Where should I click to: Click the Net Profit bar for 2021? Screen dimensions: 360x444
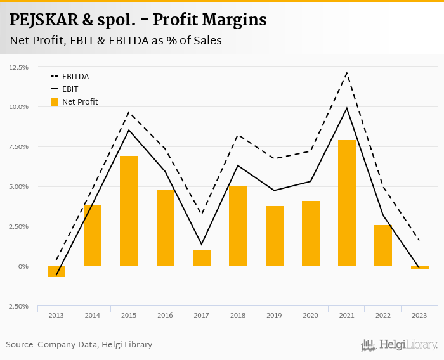(347, 203)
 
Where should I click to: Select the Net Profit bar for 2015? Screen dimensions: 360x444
(129, 211)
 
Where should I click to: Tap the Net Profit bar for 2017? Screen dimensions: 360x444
(202, 258)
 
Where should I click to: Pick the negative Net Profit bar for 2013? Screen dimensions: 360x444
(56, 271)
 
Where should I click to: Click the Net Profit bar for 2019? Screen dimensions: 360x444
(275, 236)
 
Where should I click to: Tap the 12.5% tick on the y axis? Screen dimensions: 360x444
(18, 67)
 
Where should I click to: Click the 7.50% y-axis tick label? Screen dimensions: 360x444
(18, 147)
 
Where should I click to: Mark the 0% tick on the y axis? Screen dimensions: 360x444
(23, 267)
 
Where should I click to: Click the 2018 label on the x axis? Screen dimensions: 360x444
(238, 315)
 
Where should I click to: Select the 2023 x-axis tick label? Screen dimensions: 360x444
(419, 315)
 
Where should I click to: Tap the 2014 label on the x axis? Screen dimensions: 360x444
(93, 315)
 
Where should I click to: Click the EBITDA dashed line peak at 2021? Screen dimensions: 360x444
(347, 73)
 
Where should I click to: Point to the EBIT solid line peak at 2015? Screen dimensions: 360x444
(129, 130)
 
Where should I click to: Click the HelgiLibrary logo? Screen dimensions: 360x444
(400, 345)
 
